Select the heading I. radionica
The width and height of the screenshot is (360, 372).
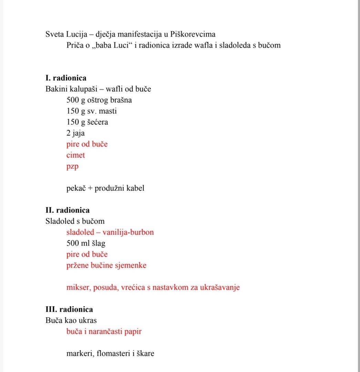point(66,78)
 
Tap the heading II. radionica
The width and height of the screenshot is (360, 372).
point(68,210)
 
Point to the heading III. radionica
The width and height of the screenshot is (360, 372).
point(69,309)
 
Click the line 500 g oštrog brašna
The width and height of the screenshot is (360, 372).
point(99,100)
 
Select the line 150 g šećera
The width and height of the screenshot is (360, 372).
point(87,122)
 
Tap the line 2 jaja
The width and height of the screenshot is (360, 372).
point(75,133)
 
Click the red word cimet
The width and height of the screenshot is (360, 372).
point(75,155)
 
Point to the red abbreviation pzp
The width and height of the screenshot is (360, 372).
point(72,167)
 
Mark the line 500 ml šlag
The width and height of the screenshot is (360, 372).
point(86,243)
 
